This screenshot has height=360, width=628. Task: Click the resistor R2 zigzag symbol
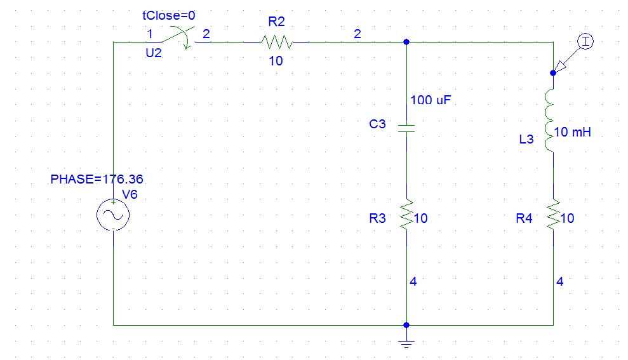pyautogui.click(x=276, y=43)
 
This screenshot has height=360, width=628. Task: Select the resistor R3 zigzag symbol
pyautogui.click(x=406, y=214)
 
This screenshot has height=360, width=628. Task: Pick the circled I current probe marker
pyautogui.click(x=585, y=43)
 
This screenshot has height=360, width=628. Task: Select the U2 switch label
pyautogui.click(x=154, y=54)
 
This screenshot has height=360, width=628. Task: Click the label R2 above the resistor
pyautogui.click(x=276, y=22)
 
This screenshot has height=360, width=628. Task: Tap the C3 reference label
pyautogui.click(x=377, y=124)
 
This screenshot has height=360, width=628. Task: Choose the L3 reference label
pyautogui.click(x=526, y=139)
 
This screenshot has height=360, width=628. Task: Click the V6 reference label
pyautogui.click(x=130, y=194)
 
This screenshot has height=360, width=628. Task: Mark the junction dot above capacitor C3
pyautogui.click(x=406, y=43)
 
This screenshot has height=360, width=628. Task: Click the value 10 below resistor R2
pyautogui.click(x=276, y=62)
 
